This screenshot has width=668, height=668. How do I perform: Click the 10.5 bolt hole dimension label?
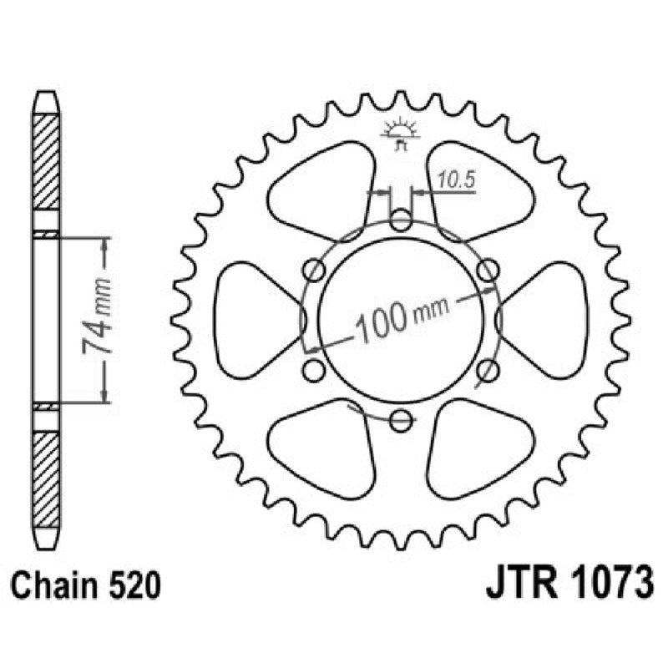click(452, 179)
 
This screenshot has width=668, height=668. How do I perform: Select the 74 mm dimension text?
click(99, 320)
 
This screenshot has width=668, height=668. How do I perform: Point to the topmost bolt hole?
click(401, 222)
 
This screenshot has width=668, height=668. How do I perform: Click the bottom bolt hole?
click(401, 419)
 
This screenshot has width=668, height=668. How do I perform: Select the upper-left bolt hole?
click(315, 270)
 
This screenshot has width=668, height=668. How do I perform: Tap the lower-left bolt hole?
click(315, 370)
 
